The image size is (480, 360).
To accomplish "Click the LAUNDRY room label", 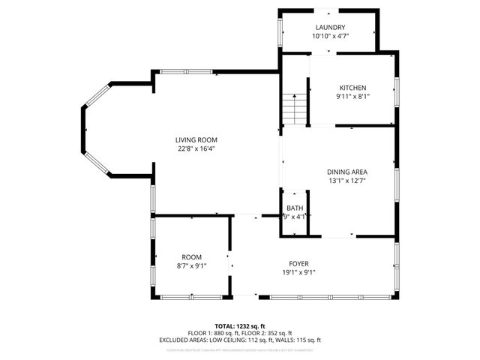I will click(x=330, y=27).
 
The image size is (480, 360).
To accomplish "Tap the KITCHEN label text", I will click(x=352, y=88).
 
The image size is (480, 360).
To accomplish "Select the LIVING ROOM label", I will click(x=196, y=139).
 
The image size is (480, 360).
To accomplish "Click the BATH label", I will click(x=294, y=208).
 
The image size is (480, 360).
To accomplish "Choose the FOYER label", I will click(x=299, y=264).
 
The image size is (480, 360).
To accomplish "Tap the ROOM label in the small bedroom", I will click(x=191, y=256).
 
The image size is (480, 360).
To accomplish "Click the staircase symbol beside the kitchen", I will click(x=296, y=109).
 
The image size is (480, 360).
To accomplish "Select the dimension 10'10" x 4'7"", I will click(x=330, y=36).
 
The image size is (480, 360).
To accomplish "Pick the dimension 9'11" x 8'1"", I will click(x=352, y=96).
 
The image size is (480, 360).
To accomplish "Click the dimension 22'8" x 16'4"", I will click(x=196, y=148).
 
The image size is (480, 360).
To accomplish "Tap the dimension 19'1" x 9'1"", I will click(x=299, y=273).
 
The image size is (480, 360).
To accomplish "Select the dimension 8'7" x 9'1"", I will click(x=191, y=265).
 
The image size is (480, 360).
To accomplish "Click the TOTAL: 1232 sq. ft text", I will click(x=239, y=326).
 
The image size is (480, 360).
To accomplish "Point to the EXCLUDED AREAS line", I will click(x=239, y=340).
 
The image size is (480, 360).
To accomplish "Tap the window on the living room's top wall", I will click(x=184, y=72).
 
